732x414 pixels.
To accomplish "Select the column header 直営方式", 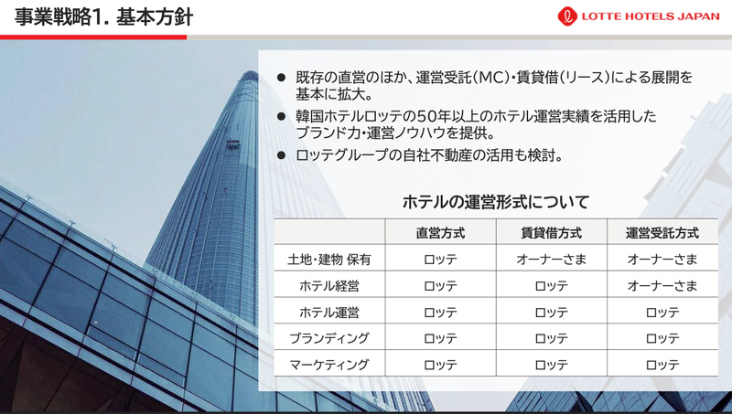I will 440,233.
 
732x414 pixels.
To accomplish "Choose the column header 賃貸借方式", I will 552,233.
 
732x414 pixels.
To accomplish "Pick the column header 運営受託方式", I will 662,233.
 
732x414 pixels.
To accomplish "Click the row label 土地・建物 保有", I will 329,260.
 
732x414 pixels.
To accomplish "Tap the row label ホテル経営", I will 329,286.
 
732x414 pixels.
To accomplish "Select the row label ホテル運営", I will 329,313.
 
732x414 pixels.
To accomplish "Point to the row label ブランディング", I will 329,338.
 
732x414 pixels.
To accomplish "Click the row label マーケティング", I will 329,365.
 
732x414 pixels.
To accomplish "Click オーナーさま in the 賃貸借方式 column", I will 552,260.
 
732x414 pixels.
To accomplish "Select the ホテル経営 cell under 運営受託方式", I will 662,286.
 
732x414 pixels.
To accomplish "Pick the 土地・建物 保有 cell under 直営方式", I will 440,260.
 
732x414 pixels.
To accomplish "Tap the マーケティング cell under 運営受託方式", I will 662,365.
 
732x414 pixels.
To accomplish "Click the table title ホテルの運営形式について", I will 495,202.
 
